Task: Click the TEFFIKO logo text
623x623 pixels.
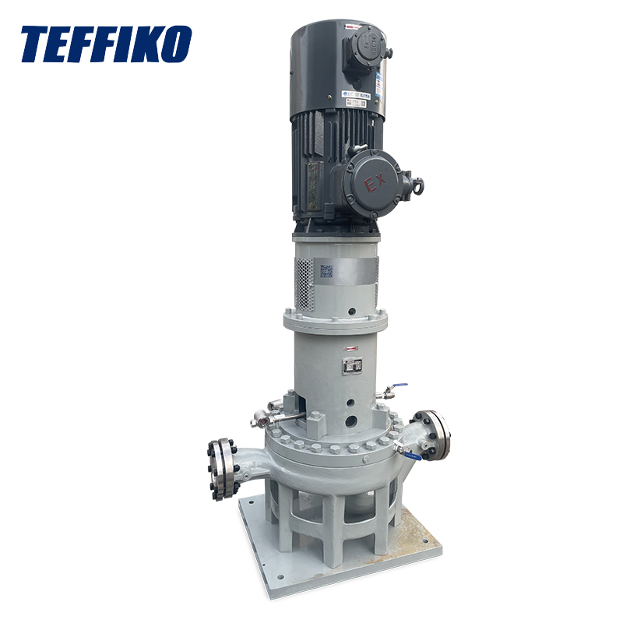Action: pos(105,44)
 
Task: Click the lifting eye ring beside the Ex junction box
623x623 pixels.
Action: pos(419,186)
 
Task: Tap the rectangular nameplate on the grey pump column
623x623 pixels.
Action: pos(352,365)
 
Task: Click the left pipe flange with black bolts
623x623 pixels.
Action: pos(221,468)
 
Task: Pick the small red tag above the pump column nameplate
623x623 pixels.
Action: pos(352,349)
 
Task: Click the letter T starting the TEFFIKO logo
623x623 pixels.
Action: pos(36,44)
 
